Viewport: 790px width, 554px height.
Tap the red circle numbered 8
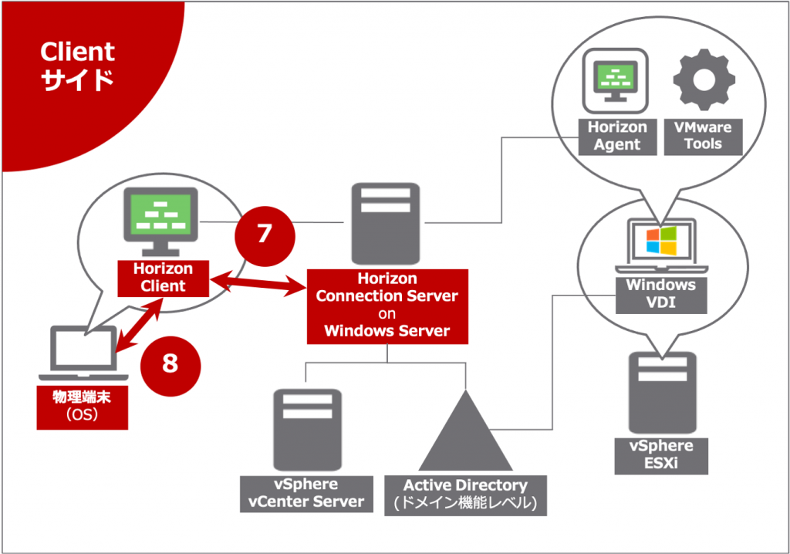tap(170, 363)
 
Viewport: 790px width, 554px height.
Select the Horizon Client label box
tap(163, 278)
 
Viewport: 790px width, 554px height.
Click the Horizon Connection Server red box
tap(387, 305)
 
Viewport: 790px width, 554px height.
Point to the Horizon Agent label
tap(616, 136)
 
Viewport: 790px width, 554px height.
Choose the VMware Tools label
tap(703, 136)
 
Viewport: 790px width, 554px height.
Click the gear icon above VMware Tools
tap(704, 79)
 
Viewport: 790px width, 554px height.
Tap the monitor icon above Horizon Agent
tap(614, 80)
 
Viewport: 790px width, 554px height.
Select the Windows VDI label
tap(660, 293)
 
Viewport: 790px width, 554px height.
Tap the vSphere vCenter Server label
tap(306, 494)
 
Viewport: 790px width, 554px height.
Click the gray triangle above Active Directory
tap(465, 436)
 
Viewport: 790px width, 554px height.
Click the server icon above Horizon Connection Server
tap(386, 224)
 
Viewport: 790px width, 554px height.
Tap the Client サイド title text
tap(77, 66)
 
